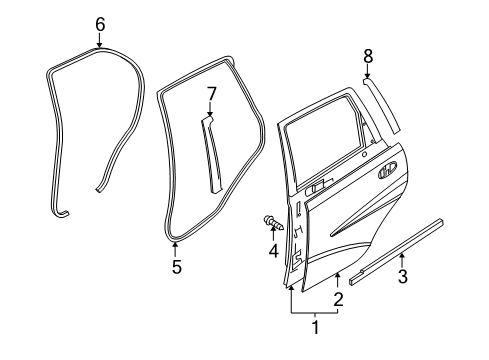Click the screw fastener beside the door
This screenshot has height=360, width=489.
point(271,221)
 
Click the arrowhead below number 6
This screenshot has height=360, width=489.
point(99,45)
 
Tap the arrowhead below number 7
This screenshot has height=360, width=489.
point(211,116)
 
